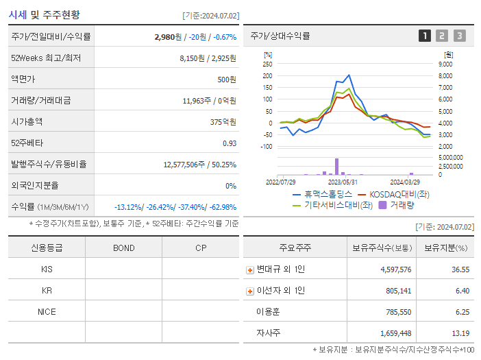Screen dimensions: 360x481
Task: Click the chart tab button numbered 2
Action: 442,36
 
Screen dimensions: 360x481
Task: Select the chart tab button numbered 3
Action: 459,36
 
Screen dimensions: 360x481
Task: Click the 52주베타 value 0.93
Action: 230,143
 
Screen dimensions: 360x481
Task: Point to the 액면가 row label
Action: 25,80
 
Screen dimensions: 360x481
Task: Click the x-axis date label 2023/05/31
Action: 343,182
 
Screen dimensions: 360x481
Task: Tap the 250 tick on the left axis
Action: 267,64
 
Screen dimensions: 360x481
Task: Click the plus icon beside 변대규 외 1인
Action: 250,269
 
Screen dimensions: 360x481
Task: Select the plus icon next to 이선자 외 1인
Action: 250,291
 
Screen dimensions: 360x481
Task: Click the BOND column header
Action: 123,248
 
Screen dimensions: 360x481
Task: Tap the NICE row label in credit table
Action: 47,312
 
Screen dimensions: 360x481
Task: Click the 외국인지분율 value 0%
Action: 231,186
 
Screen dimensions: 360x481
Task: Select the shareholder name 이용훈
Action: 268,312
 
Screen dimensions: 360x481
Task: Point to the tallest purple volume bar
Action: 336,167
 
